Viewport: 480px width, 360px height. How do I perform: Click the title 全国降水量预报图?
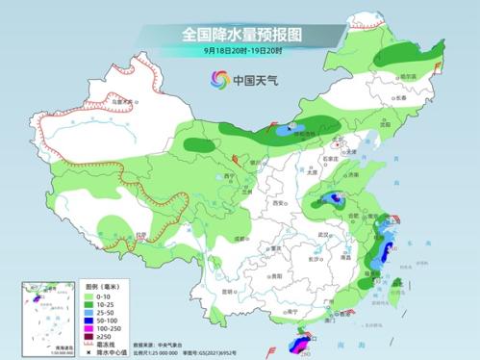240,34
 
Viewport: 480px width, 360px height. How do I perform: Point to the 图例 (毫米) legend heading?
100,286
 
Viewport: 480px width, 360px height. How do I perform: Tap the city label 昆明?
228,290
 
